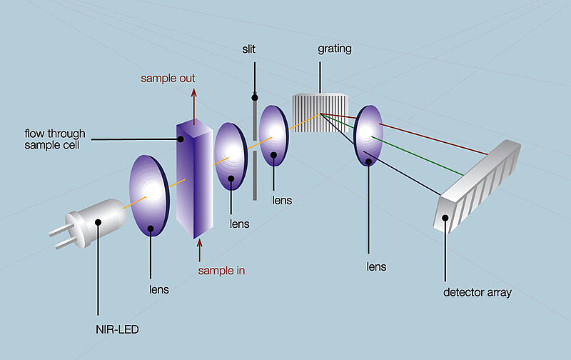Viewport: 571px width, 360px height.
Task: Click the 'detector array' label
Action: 477,292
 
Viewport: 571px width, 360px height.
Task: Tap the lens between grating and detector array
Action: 369,136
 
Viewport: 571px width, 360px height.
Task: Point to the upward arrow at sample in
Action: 198,249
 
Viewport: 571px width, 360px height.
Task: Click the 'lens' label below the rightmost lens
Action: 375,266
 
